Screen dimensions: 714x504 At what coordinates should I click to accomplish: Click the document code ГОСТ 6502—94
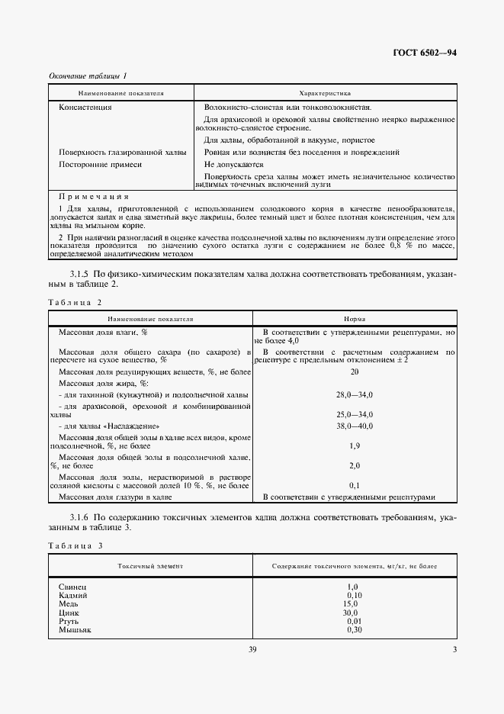click(x=425, y=53)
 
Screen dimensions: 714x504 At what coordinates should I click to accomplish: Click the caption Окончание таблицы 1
click(x=88, y=76)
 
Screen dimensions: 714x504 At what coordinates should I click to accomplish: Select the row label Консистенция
click(x=85, y=108)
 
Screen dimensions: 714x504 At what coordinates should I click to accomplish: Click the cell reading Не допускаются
click(x=233, y=164)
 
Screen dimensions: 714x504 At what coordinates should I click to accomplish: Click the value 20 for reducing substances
click(x=353, y=371)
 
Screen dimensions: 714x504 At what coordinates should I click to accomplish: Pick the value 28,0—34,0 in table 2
click(x=353, y=395)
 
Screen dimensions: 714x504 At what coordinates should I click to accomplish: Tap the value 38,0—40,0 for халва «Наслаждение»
click(x=353, y=426)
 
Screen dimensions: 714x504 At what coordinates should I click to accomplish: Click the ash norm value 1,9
click(x=353, y=445)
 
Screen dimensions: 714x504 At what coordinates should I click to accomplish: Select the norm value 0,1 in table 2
click(x=353, y=484)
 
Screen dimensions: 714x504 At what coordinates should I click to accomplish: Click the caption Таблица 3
click(x=75, y=545)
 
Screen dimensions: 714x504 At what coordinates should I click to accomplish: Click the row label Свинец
click(x=72, y=585)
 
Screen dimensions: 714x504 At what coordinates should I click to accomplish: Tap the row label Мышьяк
click(x=75, y=631)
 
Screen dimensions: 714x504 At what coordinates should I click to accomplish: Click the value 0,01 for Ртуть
click(x=353, y=622)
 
